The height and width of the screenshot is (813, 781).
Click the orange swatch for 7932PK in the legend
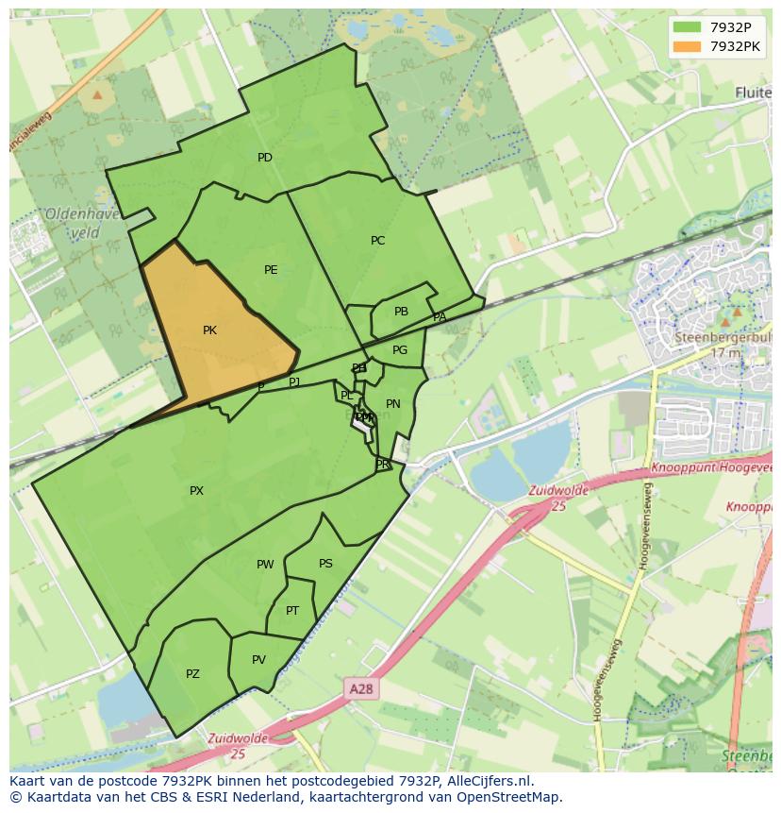tap(688, 46)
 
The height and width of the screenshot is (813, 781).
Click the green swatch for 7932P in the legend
tap(688, 27)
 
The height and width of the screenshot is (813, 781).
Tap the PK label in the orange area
tap(209, 330)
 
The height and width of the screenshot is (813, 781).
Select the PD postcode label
tap(265, 158)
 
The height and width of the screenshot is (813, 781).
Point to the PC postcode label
tap(377, 241)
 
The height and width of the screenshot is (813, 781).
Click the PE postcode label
tap(271, 270)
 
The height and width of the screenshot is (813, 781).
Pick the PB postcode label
tap(401, 312)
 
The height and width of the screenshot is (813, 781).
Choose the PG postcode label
tap(400, 350)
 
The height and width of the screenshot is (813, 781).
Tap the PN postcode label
tap(393, 404)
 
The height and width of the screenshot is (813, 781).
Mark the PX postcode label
tap(196, 491)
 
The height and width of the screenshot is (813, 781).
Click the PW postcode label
tap(265, 565)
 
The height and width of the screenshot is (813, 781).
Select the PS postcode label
tap(325, 564)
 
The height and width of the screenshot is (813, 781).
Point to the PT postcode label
tap(292, 611)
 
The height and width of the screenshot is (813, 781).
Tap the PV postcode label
tap(258, 660)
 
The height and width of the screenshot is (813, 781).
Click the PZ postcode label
tap(192, 674)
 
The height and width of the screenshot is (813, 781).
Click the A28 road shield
tap(361, 689)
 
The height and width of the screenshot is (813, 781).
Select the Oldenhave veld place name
tap(82, 223)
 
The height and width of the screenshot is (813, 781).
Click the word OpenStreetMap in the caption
tap(506, 797)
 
